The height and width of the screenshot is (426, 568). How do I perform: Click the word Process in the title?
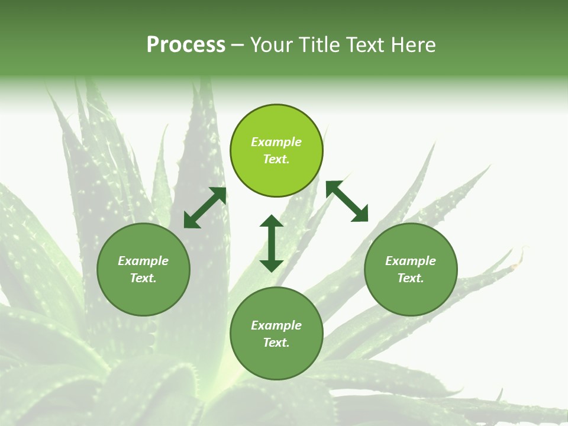186,45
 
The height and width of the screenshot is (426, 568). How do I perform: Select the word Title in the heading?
320,45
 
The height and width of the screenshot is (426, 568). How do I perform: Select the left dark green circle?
143,296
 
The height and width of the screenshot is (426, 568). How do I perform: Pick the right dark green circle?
411,296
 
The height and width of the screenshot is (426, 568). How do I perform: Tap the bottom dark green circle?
276,361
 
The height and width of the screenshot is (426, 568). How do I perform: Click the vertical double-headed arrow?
272,243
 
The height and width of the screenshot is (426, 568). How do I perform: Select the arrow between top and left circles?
205,208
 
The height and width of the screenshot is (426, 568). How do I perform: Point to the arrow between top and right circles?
347,201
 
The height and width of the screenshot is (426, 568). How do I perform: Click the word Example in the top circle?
276,142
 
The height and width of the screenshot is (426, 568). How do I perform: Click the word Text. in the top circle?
276,159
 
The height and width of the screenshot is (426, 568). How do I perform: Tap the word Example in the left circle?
143,261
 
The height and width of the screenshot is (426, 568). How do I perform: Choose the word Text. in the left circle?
143,278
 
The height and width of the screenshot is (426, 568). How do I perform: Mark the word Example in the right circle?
411,261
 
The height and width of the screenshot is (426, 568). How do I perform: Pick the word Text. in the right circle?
411,278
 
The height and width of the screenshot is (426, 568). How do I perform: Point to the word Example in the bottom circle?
276,325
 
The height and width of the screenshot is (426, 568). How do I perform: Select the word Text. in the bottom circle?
276,343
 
